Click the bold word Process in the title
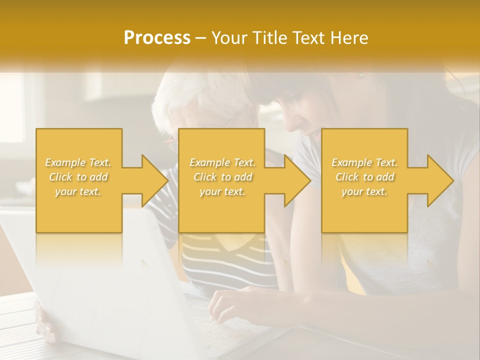pyautogui.click(x=157, y=38)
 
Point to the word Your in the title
pyautogui.click(x=228, y=38)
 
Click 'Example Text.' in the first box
pyautogui.click(x=78, y=162)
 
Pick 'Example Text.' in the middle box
pyautogui.click(x=222, y=162)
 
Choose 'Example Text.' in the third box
pyautogui.click(x=364, y=162)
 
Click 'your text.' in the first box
pyautogui.click(x=78, y=191)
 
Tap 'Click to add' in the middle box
pyautogui.click(x=222, y=177)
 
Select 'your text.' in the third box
pyautogui.click(x=364, y=191)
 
